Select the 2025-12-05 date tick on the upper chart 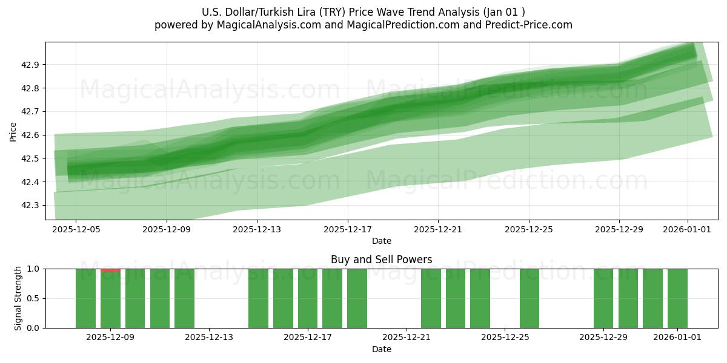tap(76, 229)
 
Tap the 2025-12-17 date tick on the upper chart tap(348, 229)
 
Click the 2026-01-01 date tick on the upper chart tap(687, 229)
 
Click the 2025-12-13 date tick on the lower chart tap(209, 338)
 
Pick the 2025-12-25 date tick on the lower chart tap(505, 338)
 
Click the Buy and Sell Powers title tap(381, 260)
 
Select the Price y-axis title tap(13, 131)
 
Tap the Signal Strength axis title tap(18, 298)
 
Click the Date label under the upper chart tap(381, 241)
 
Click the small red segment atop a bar tap(110, 270)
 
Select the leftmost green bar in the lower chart tap(85, 298)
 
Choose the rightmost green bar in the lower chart tap(677, 298)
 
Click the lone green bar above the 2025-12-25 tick tap(529, 298)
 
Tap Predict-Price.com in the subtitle tap(524, 25)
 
